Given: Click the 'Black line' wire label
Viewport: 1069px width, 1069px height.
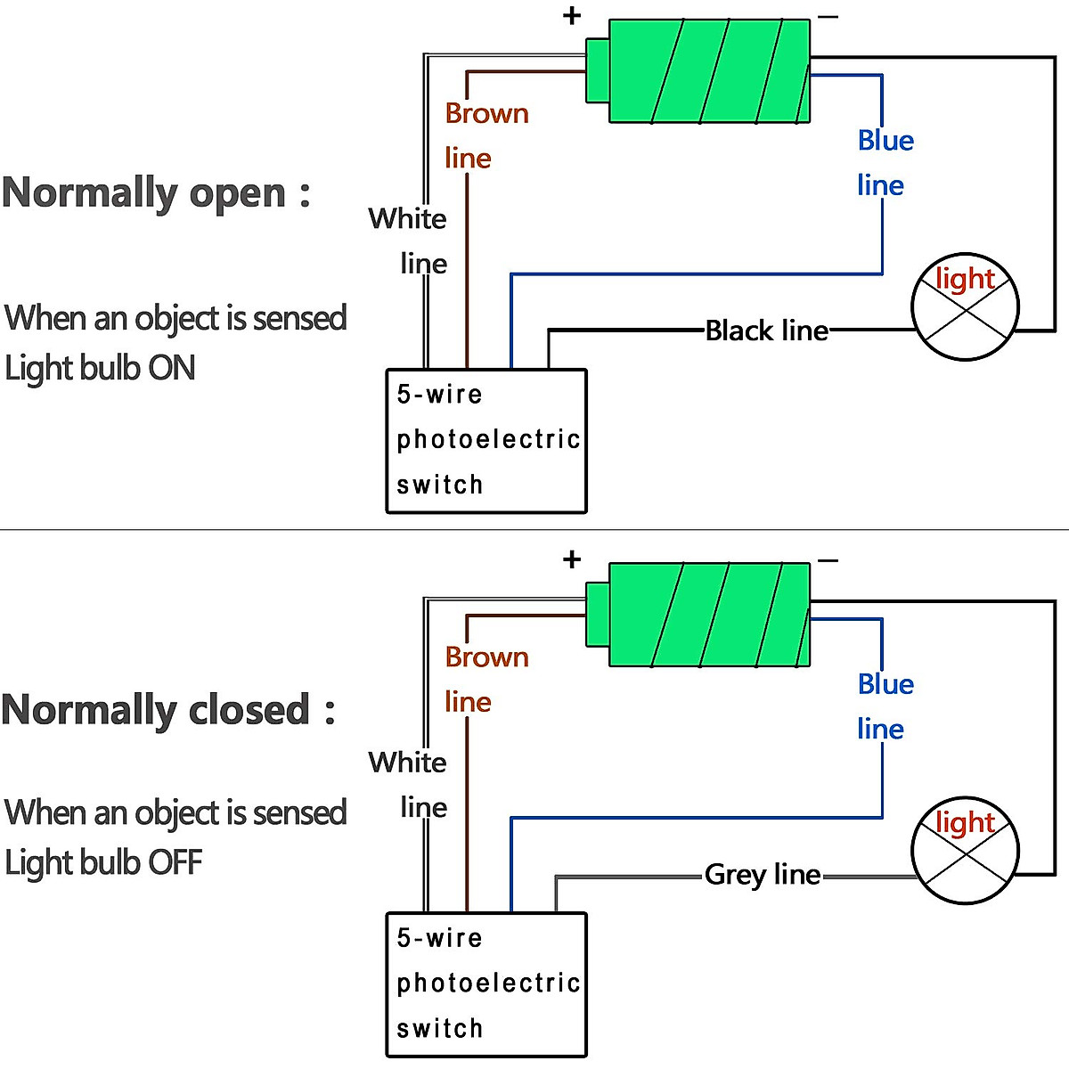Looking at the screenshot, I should pyautogui.click(x=766, y=330).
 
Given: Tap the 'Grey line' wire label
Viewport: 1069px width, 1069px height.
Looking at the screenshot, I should pyautogui.click(x=763, y=875).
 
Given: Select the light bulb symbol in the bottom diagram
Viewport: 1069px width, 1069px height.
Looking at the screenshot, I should pyautogui.click(x=965, y=851).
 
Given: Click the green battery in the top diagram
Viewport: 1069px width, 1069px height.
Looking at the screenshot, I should pyautogui.click(x=708, y=71).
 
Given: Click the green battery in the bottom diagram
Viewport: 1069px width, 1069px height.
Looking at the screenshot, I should pyautogui.click(x=708, y=615).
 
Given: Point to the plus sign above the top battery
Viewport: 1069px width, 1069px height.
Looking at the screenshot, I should pyautogui.click(x=572, y=15).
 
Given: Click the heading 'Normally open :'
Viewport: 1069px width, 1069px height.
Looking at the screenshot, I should pyautogui.click(x=156, y=192).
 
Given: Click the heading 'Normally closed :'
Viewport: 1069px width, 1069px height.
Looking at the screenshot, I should pyautogui.click(x=167, y=710).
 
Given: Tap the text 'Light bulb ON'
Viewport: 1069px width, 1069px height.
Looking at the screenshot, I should pyautogui.click(x=100, y=368).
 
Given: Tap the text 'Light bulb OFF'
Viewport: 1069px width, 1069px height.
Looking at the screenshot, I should pyautogui.click(x=103, y=862).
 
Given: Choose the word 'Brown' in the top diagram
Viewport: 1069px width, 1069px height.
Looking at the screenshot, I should pyautogui.click(x=486, y=114).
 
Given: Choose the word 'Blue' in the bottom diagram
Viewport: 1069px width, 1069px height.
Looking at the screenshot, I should pyautogui.click(x=885, y=684).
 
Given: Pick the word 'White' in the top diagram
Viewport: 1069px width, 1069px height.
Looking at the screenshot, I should pyautogui.click(x=407, y=218).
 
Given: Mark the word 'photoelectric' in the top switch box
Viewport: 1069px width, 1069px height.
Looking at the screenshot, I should pyautogui.click(x=488, y=440).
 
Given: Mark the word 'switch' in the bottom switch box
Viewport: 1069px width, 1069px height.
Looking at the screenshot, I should pyautogui.click(x=439, y=1029).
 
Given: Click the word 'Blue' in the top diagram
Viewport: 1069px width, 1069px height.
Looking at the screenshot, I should pyautogui.click(x=885, y=141).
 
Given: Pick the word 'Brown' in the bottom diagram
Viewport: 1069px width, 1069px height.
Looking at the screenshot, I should pyautogui.click(x=486, y=657).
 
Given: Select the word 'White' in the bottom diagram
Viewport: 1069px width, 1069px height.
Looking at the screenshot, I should pyautogui.click(x=407, y=763).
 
